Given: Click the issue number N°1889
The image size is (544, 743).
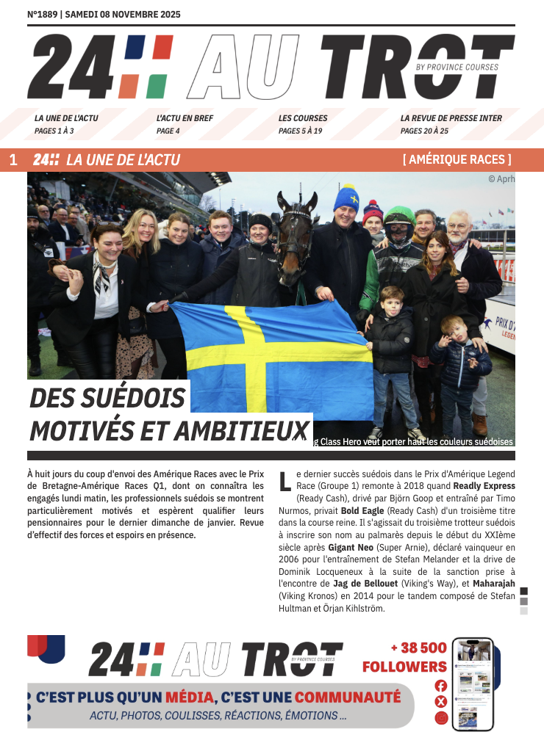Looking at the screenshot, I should (42, 14).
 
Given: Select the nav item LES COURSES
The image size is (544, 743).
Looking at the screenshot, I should (303, 118).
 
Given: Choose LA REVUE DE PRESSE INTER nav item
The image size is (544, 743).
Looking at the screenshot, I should (451, 118).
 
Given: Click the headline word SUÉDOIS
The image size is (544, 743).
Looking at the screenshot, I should (139, 398).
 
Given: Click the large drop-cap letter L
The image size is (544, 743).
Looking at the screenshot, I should (285, 482).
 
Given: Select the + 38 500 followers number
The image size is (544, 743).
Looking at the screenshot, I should (418, 648).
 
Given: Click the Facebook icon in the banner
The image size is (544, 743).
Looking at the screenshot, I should (440, 685).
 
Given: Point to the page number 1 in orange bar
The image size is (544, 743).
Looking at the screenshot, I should (13, 160).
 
